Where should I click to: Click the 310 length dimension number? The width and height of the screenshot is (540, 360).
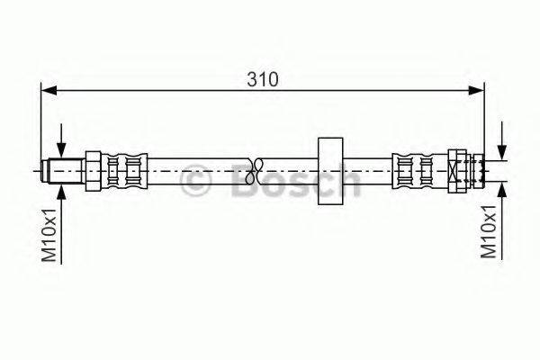pos(262,79)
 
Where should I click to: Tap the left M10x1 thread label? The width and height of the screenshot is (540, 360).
pos(49,235)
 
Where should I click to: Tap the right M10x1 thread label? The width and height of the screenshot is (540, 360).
pos(489,232)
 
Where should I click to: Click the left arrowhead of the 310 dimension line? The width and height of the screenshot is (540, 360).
pos(49,91)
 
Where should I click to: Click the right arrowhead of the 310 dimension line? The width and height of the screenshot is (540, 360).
pos(477,91)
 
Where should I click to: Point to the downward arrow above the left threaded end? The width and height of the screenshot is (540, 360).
pos(61,141)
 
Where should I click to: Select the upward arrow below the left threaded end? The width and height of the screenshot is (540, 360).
pos(61,224)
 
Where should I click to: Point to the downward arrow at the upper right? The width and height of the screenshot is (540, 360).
pos(502,141)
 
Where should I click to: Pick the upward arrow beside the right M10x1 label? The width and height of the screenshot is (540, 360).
pos(502,220)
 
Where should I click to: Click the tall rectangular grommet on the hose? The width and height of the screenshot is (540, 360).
pos(330,171)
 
